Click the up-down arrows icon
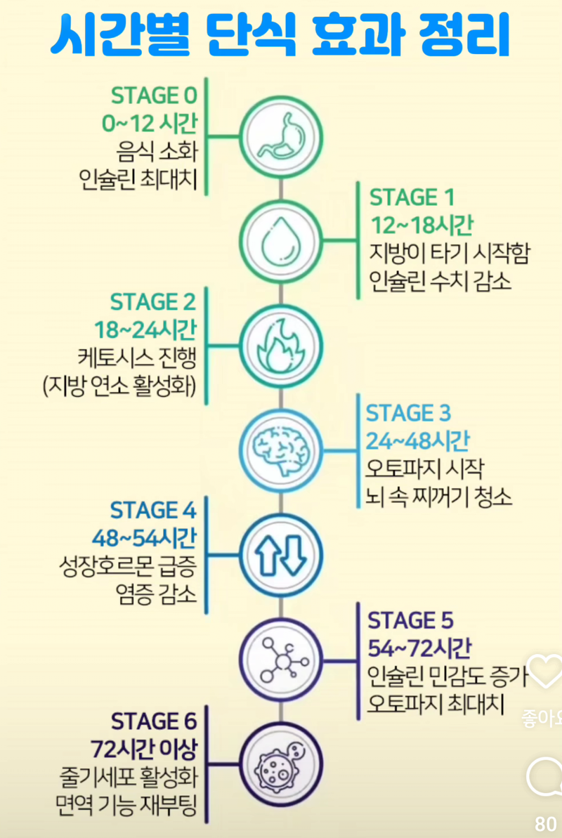point(280,552)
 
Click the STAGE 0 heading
point(155,96)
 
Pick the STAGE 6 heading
point(154,721)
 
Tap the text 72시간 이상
point(143,749)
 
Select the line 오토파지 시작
point(424,468)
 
